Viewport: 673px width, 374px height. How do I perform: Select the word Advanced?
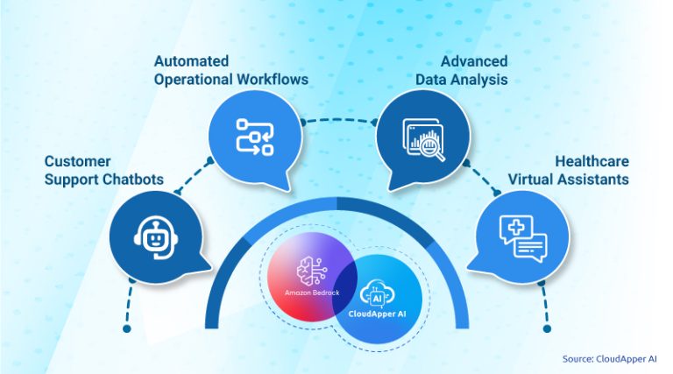[474, 61]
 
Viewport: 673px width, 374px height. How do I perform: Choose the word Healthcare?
[592, 162]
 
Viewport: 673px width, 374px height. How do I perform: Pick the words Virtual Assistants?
[569, 180]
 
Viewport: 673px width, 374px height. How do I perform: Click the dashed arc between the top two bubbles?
[336, 119]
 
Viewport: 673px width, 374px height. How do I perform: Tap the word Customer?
[77, 162]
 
